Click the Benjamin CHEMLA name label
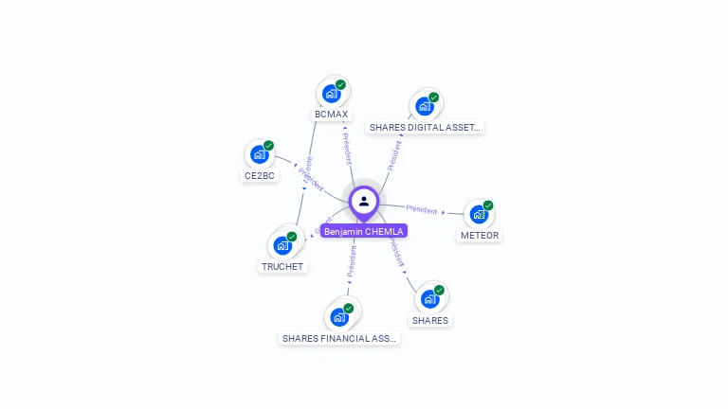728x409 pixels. pyautogui.click(x=364, y=231)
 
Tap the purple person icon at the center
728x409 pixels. pyautogui.click(x=364, y=201)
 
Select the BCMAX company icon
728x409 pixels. pyautogui.click(x=331, y=94)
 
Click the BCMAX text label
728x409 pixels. pyautogui.click(x=332, y=115)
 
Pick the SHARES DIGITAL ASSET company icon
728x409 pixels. pyautogui.click(x=424, y=106)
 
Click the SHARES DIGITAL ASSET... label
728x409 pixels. pyautogui.click(x=426, y=127)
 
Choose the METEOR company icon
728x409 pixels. pyautogui.click(x=478, y=214)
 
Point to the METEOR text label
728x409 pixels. pyautogui.click(x=480, y=235)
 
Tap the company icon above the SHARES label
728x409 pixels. pyautogui.click(x=429, y=299)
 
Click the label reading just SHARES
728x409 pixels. pyautogui.click(x=430, y=320)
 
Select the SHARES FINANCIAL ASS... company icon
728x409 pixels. pyautogui.click(x=339, y=317)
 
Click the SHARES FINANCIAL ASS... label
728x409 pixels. pyautogui.click(x=339, y=338)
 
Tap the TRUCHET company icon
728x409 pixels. pyautogui.click(x=282, y=245)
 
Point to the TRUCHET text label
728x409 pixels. pyautogui.click(x=282, y=266)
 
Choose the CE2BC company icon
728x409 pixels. pyautogui.click(x=259, y=154)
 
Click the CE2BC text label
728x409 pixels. pyautogui.click(x=260, y=175)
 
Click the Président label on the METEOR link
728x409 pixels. pyautogui.click(x=422, y=209)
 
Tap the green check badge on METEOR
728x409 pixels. pyautogui.click(x=488, y=205)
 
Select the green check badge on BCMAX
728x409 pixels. pyautogui.click(x=340, y=85)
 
